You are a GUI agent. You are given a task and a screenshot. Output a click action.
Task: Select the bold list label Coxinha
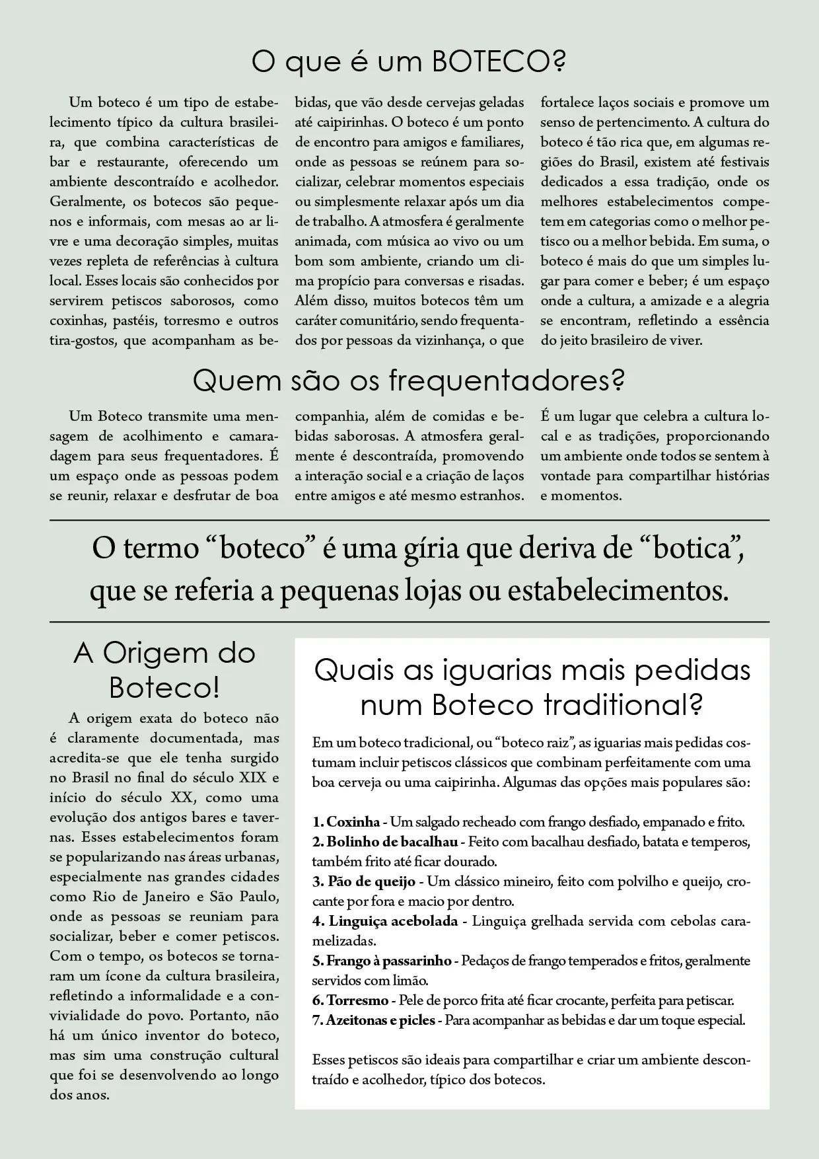(353, 823)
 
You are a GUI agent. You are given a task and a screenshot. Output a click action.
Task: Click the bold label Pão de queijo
(371, 881)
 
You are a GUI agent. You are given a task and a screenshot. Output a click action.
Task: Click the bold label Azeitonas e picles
(380, 1020)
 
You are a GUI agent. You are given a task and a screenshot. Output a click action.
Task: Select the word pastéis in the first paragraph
(131, 320)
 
